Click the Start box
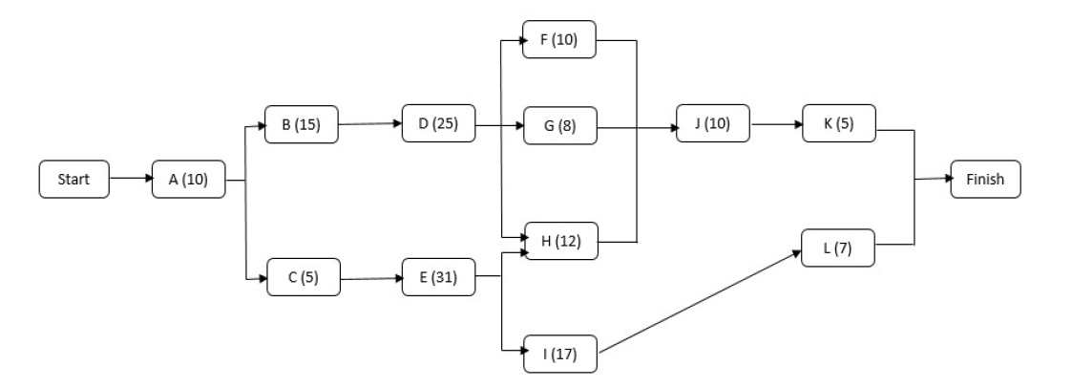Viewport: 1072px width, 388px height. pyautogui.click(x=74, y=179)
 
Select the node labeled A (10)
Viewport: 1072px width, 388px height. pyautogui.click(x=188, y=179)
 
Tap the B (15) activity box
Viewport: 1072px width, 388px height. pyautogui.click(x=302, y=124)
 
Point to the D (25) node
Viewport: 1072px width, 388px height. pyautogui.click(x=438, y=124)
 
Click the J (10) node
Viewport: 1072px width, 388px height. pyautogui.click(x=712, y=124)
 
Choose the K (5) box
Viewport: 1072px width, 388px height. pyautogui.click(x=839, y=124)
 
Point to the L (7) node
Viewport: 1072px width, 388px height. pyautogui.click(x=839, y=248)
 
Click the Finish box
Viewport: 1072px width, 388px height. pyautogui.click(x=984, y=179)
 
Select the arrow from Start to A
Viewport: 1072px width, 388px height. pyautogui.click(x=131, y=179)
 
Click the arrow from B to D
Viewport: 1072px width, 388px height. pyautogui.click(x=369, y=124)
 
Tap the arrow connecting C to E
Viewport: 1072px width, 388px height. pyautogui.click(x=369, y=279)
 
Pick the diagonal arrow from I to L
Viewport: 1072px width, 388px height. pyautogui.click(x=700, y=303)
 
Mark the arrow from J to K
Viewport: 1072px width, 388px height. pyautogui.click(x=775, y=124)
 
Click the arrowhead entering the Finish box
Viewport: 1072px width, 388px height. pyautogui.click(x=946, y=179)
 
